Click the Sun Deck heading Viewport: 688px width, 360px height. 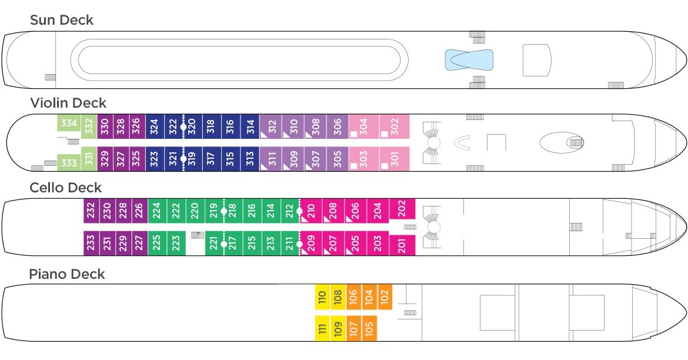(x=61, y=20)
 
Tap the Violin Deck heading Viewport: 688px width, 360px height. (x=68, y=103)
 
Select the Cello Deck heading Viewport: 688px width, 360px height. (x=65, y=188)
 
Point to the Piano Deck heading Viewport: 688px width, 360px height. (x=66, y=274)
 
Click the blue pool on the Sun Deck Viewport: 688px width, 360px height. (x=469, y=60)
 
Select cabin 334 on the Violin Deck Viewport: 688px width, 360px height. (x=69, y=123)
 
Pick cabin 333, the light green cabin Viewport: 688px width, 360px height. (x=69, y=162)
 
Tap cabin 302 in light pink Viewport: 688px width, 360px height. (x=395, y=127)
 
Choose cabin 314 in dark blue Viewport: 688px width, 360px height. (x=250, y=127)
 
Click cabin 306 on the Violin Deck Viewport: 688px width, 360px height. (x=338, y=127)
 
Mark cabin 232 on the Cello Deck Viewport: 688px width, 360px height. (x=91, y=211)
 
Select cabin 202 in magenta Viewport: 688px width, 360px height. (x=402, y=209)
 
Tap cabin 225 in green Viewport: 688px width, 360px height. (x=157, y=243)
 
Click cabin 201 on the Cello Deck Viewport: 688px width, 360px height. (x=402, y=245)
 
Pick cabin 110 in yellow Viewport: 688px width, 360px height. (x=322, y=297)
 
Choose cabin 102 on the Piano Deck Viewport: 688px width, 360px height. (x=385, y=297)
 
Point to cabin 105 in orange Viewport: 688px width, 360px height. (x=369, y=328)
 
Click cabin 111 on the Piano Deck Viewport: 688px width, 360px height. (x=322, y=328)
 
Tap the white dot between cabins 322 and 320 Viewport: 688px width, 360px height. (x=183, y=127)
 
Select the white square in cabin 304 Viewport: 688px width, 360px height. (x=353, y=134)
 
